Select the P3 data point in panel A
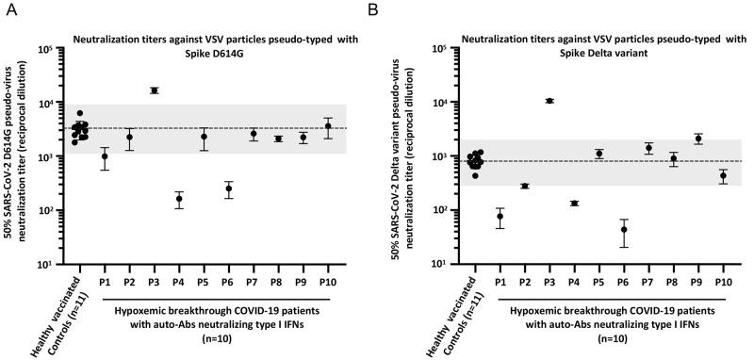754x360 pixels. point(154,90)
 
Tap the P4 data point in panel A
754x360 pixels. point(179,199)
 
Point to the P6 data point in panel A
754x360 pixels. point(228,188)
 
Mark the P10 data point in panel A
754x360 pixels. point(328,126)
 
